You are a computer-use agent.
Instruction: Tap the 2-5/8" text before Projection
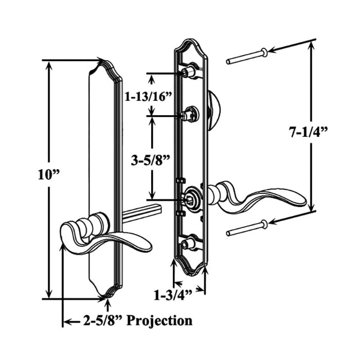[x=103, y=320]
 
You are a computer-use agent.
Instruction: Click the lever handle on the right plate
[x=257, y=198]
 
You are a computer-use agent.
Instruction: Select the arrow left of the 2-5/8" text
[x=67, y=322]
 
